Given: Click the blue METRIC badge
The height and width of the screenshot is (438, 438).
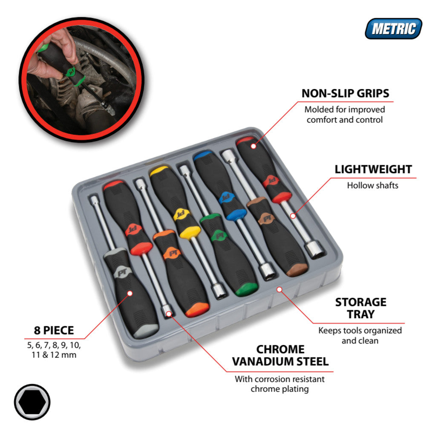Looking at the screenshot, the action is tap(393, 29).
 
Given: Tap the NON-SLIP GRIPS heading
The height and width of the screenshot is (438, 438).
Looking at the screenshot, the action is tap(345, 93).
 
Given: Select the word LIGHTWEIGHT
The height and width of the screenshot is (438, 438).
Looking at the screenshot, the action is tap(373, 169).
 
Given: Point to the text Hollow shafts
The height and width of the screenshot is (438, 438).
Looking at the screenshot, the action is tap(373, 185).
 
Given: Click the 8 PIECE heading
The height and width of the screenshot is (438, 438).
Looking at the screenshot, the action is tap(54, 330).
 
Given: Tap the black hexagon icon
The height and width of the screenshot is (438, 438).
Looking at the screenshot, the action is tap(32, 402).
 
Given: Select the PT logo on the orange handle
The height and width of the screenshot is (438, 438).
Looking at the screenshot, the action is tap(173, 254).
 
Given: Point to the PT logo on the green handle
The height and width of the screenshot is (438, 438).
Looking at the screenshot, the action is tap(221, 236).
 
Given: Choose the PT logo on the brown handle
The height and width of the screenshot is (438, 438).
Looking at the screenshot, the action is tap(267, 219).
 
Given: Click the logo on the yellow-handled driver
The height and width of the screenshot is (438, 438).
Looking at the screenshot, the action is tap(181, 214).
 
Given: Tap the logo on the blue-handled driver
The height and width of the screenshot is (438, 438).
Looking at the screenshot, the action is tap(225, 198).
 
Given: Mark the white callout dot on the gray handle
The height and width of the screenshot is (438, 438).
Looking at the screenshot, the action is tap(130, 293).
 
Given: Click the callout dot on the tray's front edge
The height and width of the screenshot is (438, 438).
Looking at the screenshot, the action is tap(279, 289).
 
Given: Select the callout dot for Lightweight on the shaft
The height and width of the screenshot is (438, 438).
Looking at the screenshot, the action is tap(293, 216).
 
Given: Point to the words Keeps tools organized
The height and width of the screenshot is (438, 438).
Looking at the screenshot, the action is tap(360, 331).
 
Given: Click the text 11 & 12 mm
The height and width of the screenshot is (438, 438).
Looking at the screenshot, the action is tap(54, 355).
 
